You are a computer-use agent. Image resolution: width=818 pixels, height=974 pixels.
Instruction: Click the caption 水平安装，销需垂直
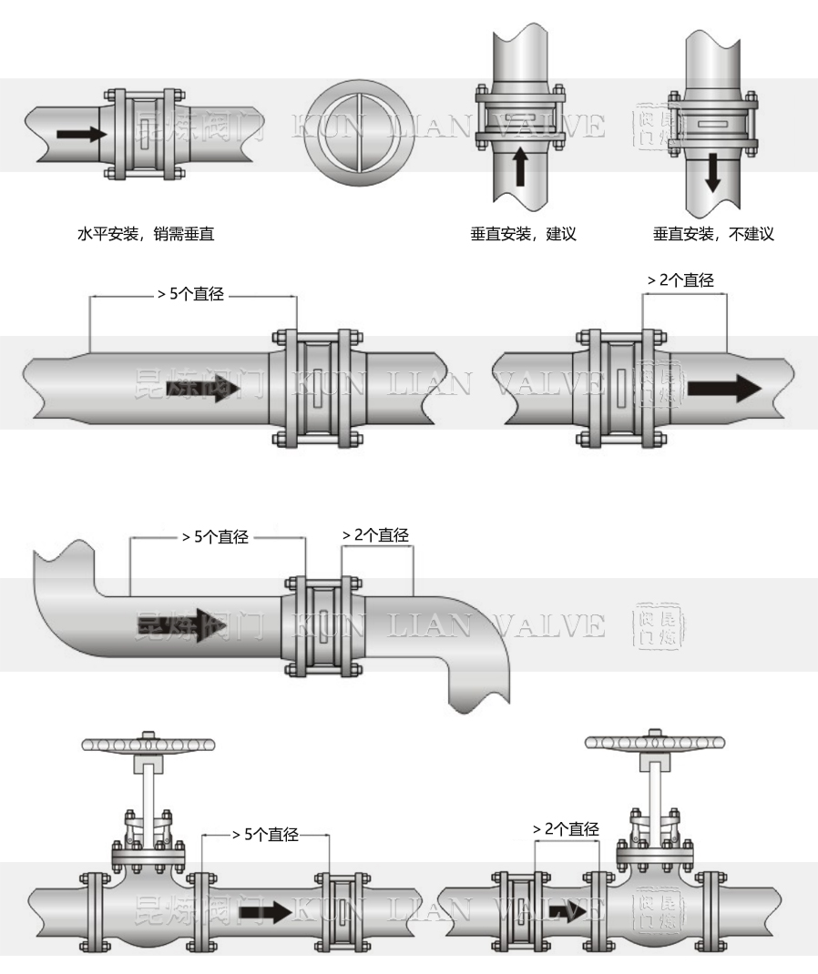pos(147,234)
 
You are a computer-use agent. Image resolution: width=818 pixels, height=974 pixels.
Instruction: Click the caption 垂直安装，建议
pos(524,234)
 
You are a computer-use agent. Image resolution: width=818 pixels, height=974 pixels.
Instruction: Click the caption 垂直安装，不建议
pos(713,234)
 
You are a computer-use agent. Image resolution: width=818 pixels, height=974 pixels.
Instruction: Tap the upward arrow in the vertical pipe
pos(520,167)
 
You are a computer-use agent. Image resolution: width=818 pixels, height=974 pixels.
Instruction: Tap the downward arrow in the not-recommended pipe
pos(712,171)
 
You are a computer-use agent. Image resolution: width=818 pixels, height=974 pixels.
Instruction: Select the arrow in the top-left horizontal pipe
pos(80,134)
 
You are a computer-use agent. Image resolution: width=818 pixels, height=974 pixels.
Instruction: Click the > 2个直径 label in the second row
pos(680,280)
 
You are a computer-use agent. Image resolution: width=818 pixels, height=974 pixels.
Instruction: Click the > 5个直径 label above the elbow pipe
pos(216,537)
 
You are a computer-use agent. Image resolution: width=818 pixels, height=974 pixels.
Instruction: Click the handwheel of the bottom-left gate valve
pos(149,744)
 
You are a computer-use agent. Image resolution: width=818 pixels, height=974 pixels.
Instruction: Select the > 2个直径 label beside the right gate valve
pos(566,829)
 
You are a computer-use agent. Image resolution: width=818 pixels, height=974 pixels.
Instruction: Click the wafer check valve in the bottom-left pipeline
pos(343,911)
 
